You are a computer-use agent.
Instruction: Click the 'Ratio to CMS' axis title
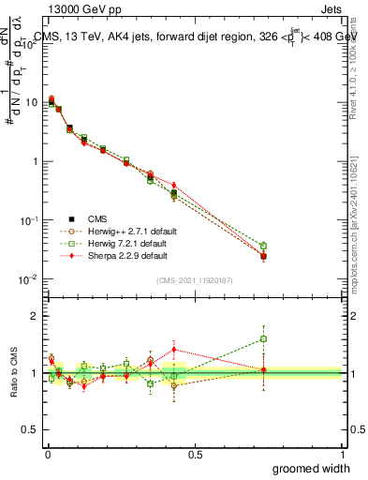pos(14,373)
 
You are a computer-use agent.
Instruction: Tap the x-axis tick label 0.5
pos(194,454)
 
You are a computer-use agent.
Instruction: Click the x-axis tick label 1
pos(342,454)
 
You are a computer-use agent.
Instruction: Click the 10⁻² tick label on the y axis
pos(28,279)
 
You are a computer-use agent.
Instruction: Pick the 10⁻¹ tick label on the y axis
pos(28,220)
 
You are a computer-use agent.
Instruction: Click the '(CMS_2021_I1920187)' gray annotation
pos(194,280)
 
